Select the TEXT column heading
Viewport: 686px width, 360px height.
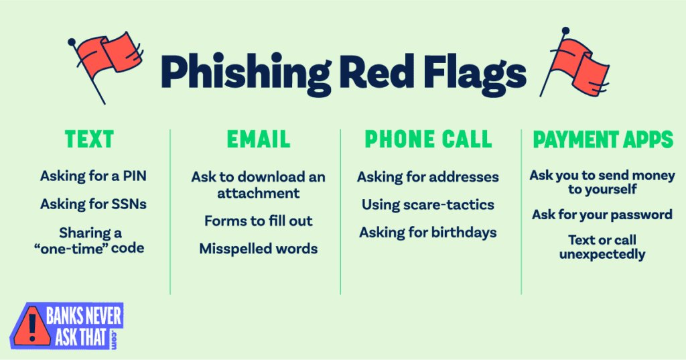(89, 139)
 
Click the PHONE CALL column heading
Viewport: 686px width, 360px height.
(428, 139)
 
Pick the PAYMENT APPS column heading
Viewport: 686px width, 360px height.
(603, 139)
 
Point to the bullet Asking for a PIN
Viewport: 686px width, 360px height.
(93, 177)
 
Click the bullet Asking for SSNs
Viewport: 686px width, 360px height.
(93, 204)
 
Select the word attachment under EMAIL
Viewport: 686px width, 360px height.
(258, 193)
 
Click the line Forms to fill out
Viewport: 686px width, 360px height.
(259, 221)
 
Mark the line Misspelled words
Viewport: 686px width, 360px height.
(259, 249)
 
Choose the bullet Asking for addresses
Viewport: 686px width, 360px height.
(428, 177)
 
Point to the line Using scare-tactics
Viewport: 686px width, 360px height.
(428, 204)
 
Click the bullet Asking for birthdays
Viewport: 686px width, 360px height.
(428, 233)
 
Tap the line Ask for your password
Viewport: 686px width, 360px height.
(602, 215)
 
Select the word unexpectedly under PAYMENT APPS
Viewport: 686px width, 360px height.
(602, 254)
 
